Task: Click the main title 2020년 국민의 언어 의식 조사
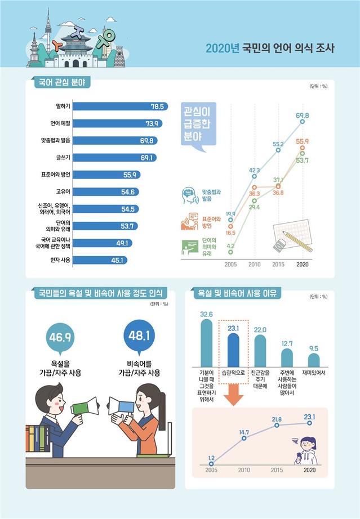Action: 270,48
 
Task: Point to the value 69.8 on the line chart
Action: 303,115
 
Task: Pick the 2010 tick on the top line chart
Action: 254,264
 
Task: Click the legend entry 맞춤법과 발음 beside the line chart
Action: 211,195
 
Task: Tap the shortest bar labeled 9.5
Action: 314,360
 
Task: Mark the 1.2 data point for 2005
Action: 211,463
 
